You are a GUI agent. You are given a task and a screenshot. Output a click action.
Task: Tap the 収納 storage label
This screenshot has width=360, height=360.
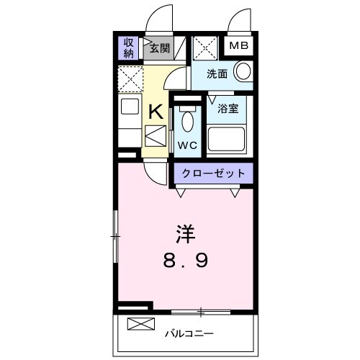[129, 48]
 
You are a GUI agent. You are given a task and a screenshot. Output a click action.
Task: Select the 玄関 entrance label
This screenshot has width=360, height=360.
[159, 49]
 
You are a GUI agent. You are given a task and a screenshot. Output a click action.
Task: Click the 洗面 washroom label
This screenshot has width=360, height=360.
[217, 73]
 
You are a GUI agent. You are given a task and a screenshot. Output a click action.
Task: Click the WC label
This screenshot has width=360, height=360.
[187, 143]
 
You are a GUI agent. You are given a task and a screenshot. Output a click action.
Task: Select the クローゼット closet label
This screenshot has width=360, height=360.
[213, 174]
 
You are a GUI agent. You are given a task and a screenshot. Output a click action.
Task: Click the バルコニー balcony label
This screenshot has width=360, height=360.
[189, 333]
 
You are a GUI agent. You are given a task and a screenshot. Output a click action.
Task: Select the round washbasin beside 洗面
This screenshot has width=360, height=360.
[243, 71]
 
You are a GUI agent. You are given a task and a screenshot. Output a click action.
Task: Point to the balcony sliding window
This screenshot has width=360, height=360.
[202, 312]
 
